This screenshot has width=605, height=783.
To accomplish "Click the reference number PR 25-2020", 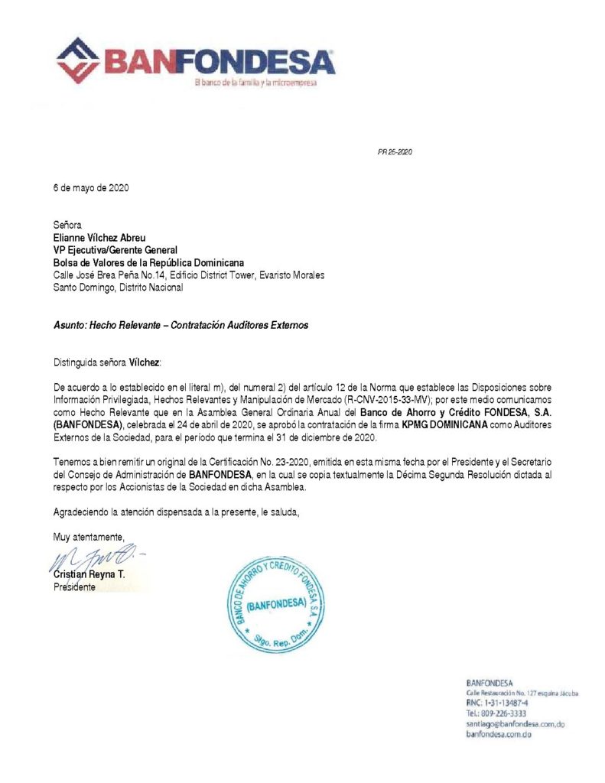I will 395,152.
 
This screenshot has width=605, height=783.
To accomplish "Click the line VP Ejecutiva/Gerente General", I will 115,249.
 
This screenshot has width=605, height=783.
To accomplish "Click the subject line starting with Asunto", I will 181,325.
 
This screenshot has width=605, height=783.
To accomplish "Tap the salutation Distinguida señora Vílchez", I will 108,362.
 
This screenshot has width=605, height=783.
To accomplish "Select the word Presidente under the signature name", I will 74,587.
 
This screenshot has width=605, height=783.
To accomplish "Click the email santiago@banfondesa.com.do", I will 515,723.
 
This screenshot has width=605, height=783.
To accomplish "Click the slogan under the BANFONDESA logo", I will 255,83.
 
